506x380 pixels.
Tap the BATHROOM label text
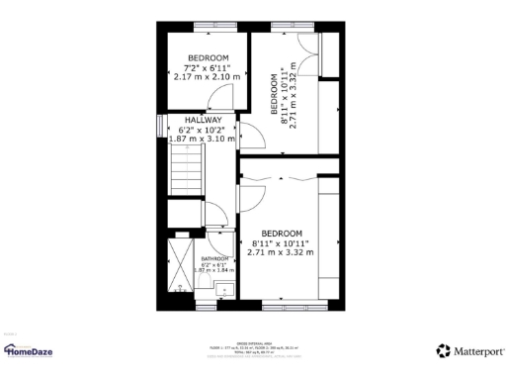tap(214, 258)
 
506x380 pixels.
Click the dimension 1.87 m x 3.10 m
tap(202, 140)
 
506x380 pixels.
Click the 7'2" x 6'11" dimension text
tap(208, 67)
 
